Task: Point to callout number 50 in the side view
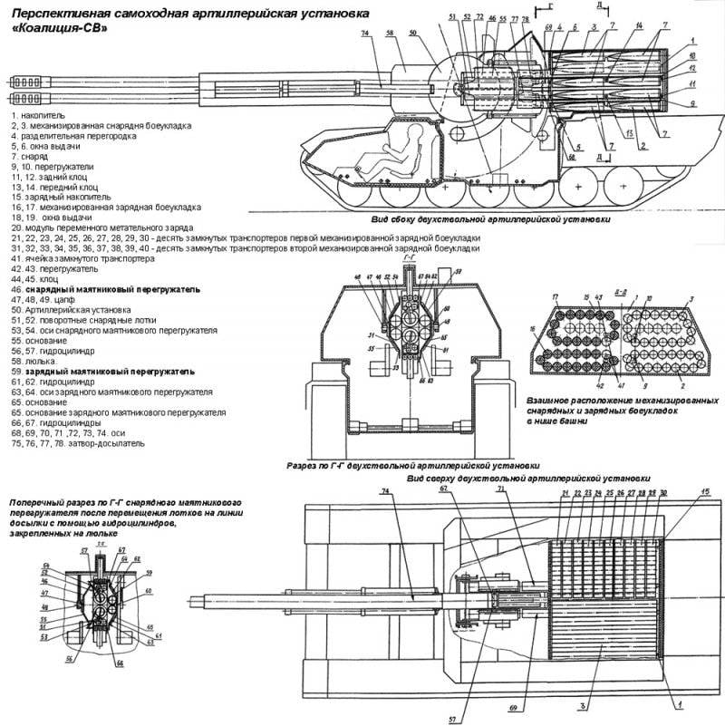point(412,33)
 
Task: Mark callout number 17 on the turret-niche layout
point(555,298)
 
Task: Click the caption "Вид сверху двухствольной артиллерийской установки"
point(527,477)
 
